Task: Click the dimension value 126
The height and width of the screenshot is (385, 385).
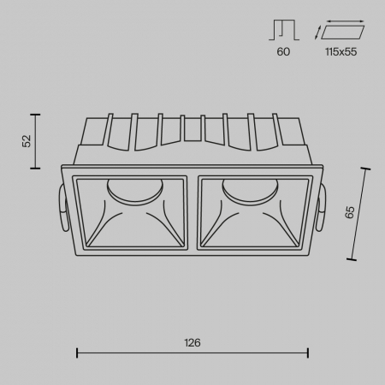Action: click(192, 342)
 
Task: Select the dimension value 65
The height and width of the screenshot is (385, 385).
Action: click(349, 213)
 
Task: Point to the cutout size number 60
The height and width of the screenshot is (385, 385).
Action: click(283, 52)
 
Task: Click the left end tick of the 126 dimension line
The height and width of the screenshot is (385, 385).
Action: click(78, 352)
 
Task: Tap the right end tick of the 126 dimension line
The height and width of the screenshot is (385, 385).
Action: click(308, 352)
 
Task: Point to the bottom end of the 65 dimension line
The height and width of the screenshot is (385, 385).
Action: click(352, 258)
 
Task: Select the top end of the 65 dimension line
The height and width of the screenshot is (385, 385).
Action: click(368, 169)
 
